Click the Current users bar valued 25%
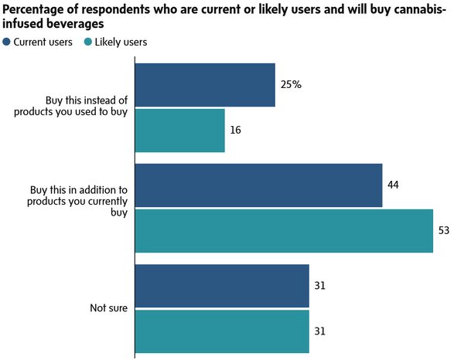click(x=205, y=85)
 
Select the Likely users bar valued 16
click(x=179, y=130)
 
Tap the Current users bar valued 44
click(x=258, y=185)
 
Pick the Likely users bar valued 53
click(x=284, y=230)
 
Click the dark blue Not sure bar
click(x=222, y=286)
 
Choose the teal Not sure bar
click(x=222, y=331)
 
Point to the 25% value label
click(x=291, y=84)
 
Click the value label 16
click(x=235, y=130)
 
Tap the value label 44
click(x=394, y=185)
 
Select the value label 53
click(x=444, y=230)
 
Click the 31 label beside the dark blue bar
click(x=319, y=286)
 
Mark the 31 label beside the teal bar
click(x=319, y=331)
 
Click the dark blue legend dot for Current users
click(x=7, y=42)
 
